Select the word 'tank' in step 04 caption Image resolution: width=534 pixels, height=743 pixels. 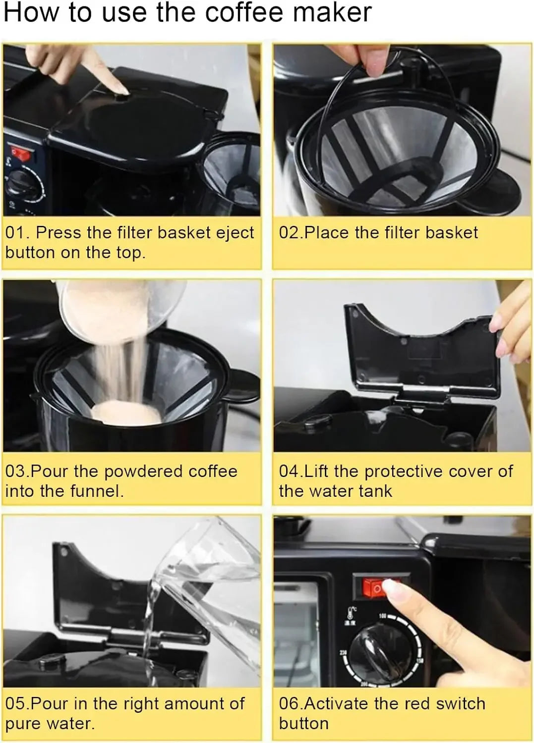point(375,491)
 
